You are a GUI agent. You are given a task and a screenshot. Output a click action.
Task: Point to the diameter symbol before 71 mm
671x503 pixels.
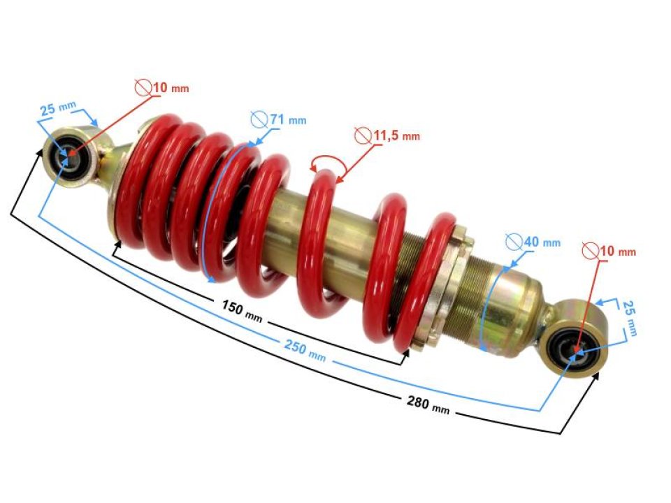tap(259, 119)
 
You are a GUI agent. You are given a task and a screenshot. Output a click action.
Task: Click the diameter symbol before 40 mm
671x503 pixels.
tap(514, 242)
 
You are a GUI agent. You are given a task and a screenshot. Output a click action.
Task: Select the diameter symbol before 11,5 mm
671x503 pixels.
tap(362, 135)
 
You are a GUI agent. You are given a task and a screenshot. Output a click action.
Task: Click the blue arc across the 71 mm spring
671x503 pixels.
tap(206, 210)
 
